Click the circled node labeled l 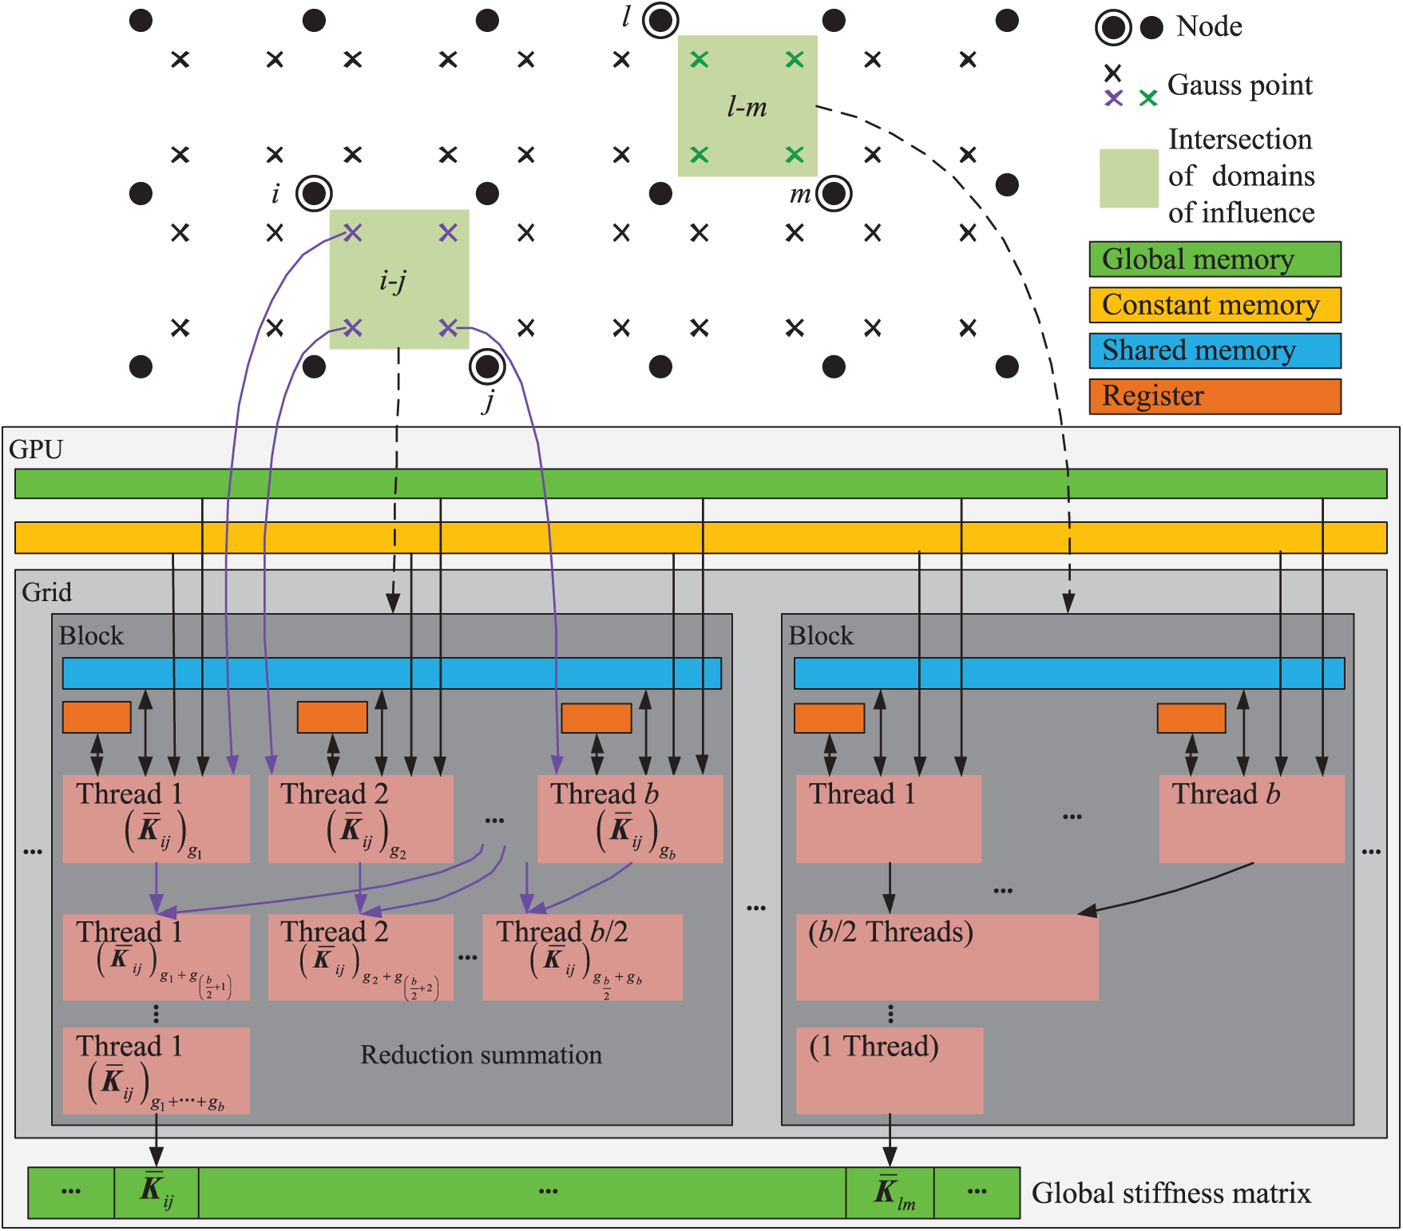tap(660, 20)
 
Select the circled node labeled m tap(834, 193)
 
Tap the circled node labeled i tap(314, 193)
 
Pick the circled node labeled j tap(487, 367)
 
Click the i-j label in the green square tap(393, 280)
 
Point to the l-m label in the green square tap(747, 106)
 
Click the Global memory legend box tap(1215, 259)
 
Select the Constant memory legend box tap(1215, 305)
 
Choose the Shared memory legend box tap(1215, 350)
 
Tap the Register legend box tap(1215, 396)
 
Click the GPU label tap(36, 449)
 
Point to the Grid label tap(46, 592)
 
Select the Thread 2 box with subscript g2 tap(361, 818)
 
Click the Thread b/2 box tap(582, 956)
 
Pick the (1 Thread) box tap(890, 1071)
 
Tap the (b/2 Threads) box tap(947, 956)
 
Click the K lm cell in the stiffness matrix tap(890, 1193)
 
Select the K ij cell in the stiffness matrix tap(157, 1193)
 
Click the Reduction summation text tap(481, 1055)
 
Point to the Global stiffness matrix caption tap(1171, 1193)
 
